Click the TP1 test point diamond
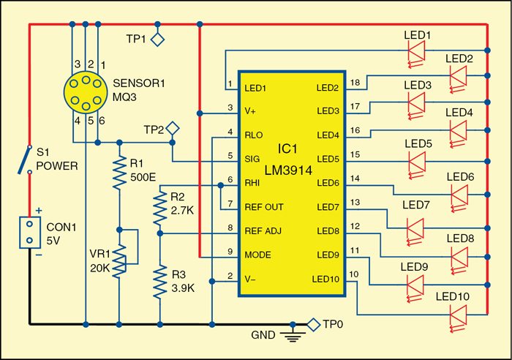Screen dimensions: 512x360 (157, 40)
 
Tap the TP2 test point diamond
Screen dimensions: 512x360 (173, 129)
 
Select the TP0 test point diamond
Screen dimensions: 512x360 (314, 325)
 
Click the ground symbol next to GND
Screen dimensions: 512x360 (293, 335)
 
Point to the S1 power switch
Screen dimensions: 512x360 (24, 159)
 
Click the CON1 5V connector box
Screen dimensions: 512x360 (30, 232)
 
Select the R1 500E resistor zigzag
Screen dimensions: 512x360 (119, 172)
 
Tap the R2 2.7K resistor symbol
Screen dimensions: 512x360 (159, 208)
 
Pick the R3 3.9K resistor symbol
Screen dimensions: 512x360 (159, 282)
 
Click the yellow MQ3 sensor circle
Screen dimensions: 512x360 (86, 92)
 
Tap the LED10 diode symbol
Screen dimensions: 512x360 (458, 317)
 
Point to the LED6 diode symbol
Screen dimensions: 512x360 (459, 196)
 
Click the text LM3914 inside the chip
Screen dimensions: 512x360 (288, 170)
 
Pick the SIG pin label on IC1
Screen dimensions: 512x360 (252, 159)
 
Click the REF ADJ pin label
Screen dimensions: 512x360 (263, 231)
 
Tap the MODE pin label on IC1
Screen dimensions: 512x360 (257, 255)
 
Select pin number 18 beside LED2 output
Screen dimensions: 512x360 (355, 83)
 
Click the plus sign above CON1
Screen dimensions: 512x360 (39, 211)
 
